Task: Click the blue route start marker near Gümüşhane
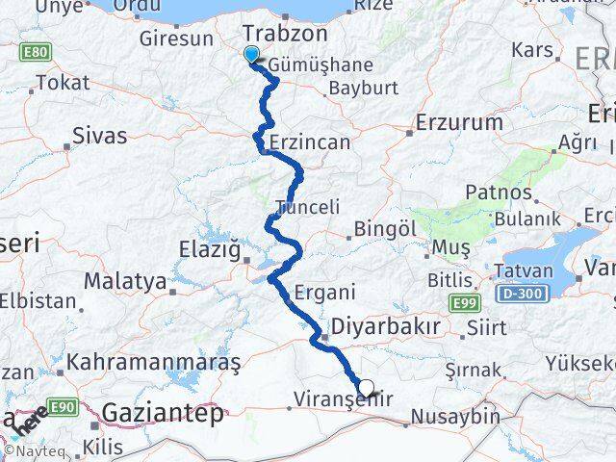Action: pos(251,55)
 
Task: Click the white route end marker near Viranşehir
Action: pos(366,389)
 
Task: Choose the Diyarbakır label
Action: pos(384,326)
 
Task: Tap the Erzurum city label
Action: pos(459,123)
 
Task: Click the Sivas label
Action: pos(100,135)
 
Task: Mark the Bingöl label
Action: pos(385,229)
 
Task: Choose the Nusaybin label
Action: pos(455,417)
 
